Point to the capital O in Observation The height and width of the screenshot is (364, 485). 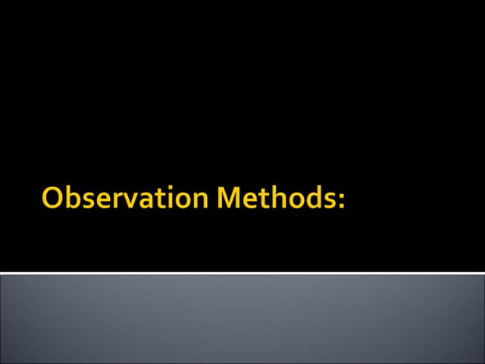[54, 198]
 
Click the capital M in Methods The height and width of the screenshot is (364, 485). [231, 198]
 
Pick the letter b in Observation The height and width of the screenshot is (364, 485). [74, 197]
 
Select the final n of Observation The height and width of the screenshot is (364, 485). [201, 201]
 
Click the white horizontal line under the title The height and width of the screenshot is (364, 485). [242, 272]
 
